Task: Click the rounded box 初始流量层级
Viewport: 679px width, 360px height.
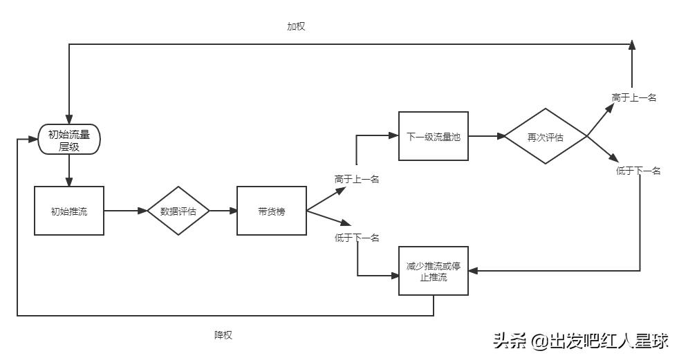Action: click(x=69, y=140)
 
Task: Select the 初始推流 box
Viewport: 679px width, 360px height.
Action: click(x=69, y=211)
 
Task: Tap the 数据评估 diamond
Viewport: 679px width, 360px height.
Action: click(x=178, y=211)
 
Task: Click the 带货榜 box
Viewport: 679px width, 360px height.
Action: click(x=271, y=211)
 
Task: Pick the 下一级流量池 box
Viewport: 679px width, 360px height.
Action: click(x=434, y=136)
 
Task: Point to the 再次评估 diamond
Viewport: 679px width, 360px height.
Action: click(x=545, y=136)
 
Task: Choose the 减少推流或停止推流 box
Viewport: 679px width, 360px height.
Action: click(x=434, y=272)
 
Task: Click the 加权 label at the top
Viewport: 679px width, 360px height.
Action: click(x=296, y=26)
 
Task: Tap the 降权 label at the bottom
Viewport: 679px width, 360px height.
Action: click(x=223, y=335)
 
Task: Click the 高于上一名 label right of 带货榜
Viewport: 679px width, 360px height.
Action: click(x=357, y=179)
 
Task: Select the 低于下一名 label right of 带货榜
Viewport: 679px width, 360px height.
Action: click(x=357, y=238)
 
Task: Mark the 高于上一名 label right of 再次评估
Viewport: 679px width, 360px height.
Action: click(x=633, y=97)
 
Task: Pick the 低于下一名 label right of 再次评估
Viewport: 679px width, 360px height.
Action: click(x=638, y=171)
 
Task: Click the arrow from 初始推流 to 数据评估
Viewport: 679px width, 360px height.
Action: click(x=125, y=211)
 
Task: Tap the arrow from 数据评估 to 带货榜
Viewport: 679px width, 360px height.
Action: click(x=223, y=211)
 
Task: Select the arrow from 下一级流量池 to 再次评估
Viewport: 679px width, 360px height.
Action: click(x=485, y=136)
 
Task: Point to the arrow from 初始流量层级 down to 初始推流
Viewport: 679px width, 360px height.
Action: click(x=69, y=170)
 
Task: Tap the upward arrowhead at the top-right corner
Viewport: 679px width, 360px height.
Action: click(x=632, y=46)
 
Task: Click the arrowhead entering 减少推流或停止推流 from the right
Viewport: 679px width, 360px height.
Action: click(x=474, y=271)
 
